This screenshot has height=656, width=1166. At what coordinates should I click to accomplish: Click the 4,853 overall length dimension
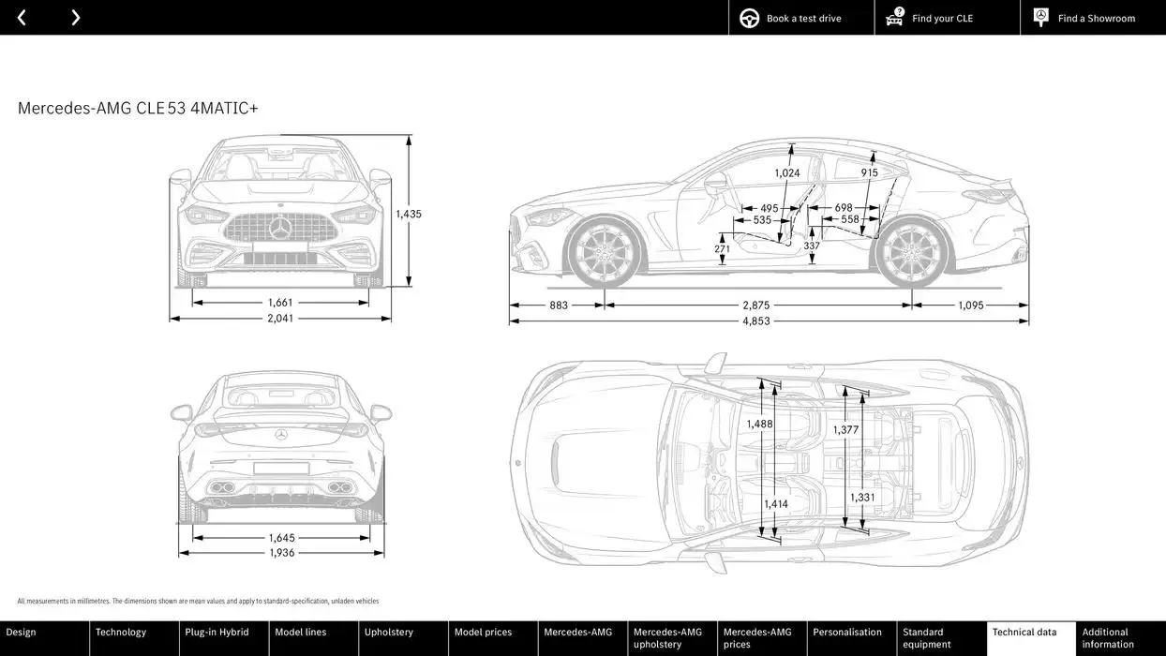point(755,321)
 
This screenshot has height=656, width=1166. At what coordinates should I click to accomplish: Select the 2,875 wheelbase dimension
point(755,306)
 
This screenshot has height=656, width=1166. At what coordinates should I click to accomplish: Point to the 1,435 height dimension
point(408,214)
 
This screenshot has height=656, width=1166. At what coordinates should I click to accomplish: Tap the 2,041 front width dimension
point(280,319)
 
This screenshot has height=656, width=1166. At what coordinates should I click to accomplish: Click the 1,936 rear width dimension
point(281,553)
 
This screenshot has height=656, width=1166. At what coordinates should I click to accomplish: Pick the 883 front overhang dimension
point(559,306)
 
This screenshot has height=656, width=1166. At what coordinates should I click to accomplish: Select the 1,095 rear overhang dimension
point(970,306)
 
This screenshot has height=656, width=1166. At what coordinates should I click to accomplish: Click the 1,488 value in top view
point(759,424)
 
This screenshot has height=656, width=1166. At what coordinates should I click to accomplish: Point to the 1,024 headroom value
point(786,173)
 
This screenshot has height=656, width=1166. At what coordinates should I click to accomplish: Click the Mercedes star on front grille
point(279,228)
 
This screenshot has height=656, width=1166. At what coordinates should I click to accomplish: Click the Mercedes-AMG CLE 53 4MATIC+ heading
point(138,109)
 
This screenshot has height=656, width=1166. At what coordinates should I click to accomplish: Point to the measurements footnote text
point(198,602)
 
